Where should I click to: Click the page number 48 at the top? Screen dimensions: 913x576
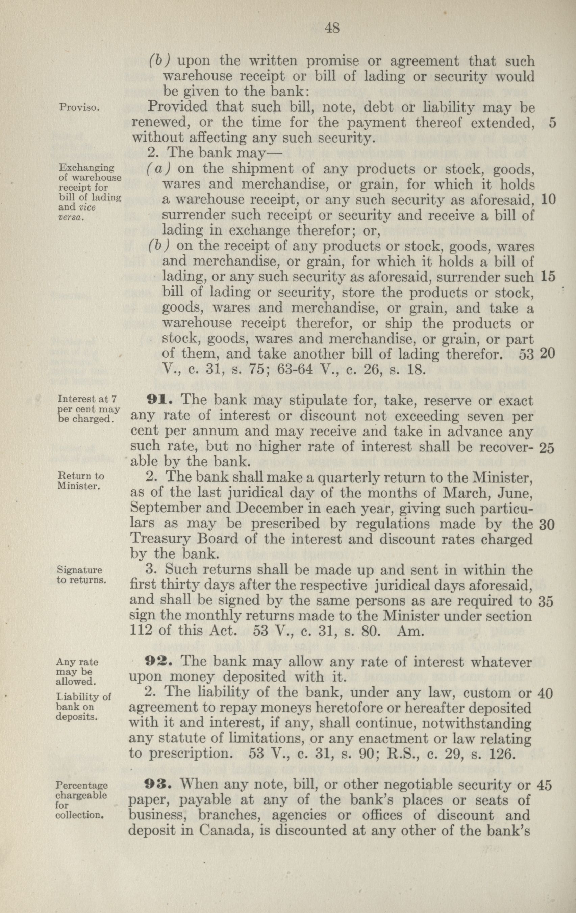332,29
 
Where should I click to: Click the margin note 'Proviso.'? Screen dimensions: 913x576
79,108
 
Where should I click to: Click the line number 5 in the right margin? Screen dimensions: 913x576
552,124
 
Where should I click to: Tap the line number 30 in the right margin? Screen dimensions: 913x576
546,525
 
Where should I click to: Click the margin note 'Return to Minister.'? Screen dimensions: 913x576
80,481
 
